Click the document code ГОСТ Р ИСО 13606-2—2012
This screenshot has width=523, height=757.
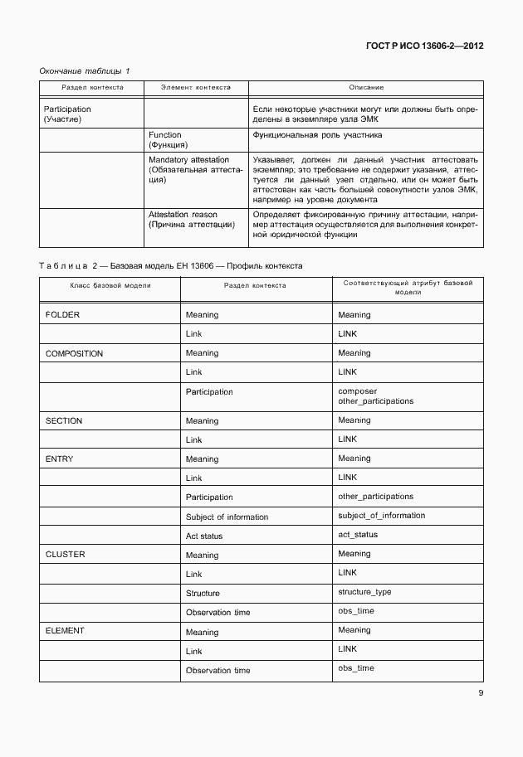click(424, 46)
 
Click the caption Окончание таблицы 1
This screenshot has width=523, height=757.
click(85, 71)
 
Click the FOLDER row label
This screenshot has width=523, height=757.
click(62, 315)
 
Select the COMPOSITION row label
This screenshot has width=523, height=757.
click(74, 353)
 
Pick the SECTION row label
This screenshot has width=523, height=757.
click(64, 420)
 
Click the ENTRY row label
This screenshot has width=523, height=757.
click(60, 459)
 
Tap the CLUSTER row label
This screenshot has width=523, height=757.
click(65, 554)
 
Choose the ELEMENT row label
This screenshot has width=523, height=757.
click(65, 631)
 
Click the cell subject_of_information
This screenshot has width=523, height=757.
click(381, 516)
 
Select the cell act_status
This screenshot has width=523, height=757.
click(358, 535)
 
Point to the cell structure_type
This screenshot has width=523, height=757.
click(364, 592)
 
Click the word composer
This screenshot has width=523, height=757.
click(357, 391)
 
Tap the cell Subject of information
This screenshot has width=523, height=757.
click(227, 517)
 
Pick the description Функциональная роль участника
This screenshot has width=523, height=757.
click(318, 134)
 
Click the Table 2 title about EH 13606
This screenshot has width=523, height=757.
click(171, 266)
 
